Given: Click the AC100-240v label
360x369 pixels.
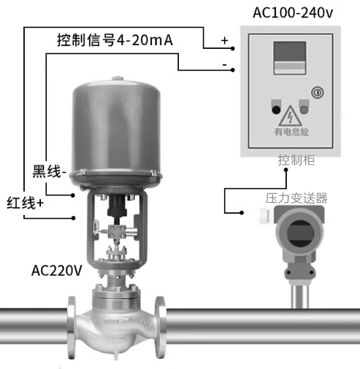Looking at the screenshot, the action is click(x=293, y=12).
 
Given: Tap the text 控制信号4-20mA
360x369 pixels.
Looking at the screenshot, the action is click(x=115, y=40).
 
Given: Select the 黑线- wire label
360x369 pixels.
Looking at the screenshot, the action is click(x=49, y=172).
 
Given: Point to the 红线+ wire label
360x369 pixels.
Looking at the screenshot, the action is click(x=25, y=203).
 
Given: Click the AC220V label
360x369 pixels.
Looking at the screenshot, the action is click(x=57, y=271).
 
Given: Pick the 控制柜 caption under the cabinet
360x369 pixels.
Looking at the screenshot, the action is click(x=296, y=160).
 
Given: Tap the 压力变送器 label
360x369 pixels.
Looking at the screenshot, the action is click(x=296, y=198).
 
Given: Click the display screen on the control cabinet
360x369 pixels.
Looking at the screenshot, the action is click(x=290, y=58).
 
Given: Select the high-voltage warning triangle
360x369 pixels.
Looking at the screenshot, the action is click(x=291, y=116).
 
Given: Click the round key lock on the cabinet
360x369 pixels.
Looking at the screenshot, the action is click(x=318, y=93).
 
